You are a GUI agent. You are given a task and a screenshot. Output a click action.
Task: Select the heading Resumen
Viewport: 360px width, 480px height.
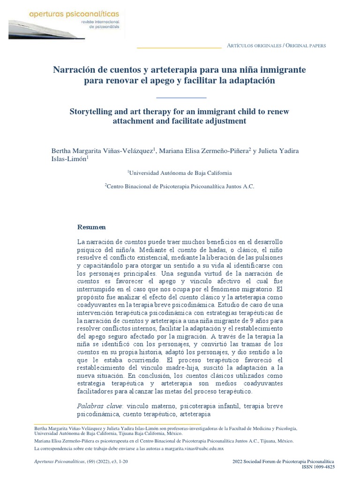[91, 227]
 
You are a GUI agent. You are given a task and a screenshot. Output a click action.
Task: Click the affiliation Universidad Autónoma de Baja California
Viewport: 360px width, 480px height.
[180, 173]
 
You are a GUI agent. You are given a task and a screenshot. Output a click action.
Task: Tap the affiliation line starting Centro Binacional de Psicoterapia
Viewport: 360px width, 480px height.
[180, 186]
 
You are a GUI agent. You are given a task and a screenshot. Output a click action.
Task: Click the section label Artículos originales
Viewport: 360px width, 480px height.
[254, 45]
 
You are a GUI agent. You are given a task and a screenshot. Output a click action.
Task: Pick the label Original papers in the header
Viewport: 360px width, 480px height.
[306, 45]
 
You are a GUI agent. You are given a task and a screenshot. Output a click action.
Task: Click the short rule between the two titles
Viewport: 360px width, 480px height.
[180, 97]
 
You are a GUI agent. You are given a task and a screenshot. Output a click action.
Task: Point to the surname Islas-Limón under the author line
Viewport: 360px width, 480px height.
[69, 159]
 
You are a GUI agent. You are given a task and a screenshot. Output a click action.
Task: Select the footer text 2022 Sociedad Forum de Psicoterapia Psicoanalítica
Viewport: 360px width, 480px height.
[283, 462]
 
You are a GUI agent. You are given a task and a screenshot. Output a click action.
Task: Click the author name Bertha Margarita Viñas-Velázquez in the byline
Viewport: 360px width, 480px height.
[102, 150]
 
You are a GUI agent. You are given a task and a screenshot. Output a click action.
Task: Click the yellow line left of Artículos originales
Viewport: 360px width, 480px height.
[179, 47]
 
